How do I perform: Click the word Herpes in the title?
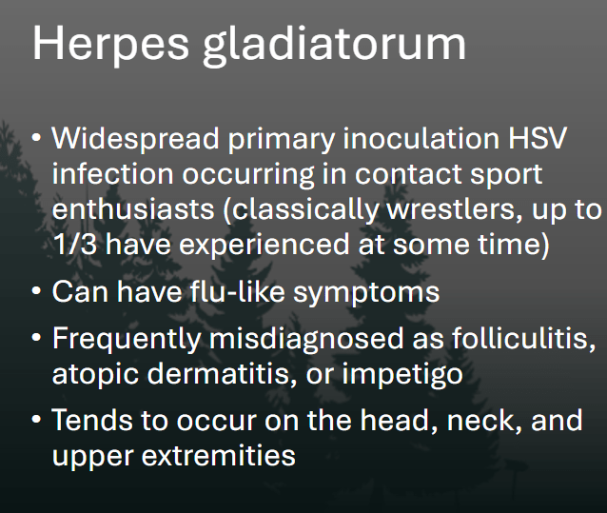pos(110,45)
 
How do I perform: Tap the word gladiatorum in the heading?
pos(335,46)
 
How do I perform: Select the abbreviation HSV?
pos(538,138)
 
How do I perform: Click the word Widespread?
pos(135,138)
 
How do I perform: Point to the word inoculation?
pos(421,138)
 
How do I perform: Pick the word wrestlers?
pos(455,209)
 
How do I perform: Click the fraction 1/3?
pos(75,245)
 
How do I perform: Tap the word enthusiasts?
pos(133,209)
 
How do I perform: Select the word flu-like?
pos(237,291)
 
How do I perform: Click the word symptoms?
pos(366,293)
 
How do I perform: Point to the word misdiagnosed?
pos(306,340)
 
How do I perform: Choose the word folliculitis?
pos(524,339)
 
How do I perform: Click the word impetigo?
pos(402,375)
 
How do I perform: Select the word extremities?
pos(218,455)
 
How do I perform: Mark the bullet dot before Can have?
pos(37,291)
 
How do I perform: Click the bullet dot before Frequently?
pos(37,338)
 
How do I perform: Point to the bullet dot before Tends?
pos(37,420)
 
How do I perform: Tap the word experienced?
pos(264,246)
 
